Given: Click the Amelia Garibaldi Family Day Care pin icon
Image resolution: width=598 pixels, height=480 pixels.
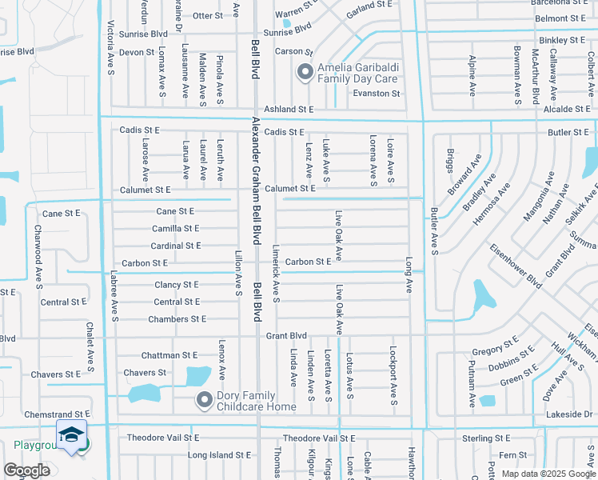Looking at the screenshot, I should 304,73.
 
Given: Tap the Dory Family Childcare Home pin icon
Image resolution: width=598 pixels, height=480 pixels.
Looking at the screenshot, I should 205,398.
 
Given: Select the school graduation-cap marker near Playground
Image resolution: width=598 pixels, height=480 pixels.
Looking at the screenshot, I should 73,436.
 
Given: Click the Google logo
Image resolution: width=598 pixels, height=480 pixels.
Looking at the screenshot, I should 27,470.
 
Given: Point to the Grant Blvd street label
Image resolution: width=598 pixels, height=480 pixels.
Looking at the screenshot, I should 286,336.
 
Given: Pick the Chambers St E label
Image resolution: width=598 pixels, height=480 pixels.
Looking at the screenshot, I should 177,319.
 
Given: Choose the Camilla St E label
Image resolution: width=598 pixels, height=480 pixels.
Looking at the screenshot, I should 176,228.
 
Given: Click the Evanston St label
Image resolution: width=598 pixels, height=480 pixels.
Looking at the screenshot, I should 377,94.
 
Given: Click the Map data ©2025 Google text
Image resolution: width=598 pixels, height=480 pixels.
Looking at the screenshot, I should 548,474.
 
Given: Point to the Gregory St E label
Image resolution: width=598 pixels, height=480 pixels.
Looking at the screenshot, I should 496,350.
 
